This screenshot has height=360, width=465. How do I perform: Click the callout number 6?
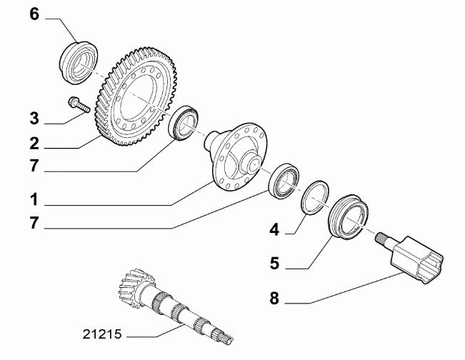(x=34, y=14)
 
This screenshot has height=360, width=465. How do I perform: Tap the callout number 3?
(x=34, y=119)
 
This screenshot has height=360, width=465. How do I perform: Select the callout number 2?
(x=34, y=144)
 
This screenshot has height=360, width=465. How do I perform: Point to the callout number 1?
(x=34, y=199)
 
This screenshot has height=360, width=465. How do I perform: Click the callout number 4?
(x=274, y=230)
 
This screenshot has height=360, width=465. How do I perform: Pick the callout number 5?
(x=274, y=264)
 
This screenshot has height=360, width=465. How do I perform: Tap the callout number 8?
(x=274, y=298)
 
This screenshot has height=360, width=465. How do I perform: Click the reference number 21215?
(x=102, y=334)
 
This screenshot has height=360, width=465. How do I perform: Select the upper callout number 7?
(x=34, y=166)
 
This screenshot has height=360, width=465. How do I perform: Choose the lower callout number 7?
(x=34, y=223)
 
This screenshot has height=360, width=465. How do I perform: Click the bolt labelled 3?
(x=79, y=105)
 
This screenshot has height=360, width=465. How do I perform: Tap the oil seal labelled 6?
(x=79, y=63)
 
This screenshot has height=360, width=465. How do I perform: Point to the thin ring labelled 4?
(x=315, y=196)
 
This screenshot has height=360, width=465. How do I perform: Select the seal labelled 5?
(x=349, y=216)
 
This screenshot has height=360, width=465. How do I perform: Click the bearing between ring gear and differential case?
(x=183, y=122)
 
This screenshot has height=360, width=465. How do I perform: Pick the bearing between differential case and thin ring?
(x=284, y=181)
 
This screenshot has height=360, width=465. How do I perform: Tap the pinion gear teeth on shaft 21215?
(x=136, y=287)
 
